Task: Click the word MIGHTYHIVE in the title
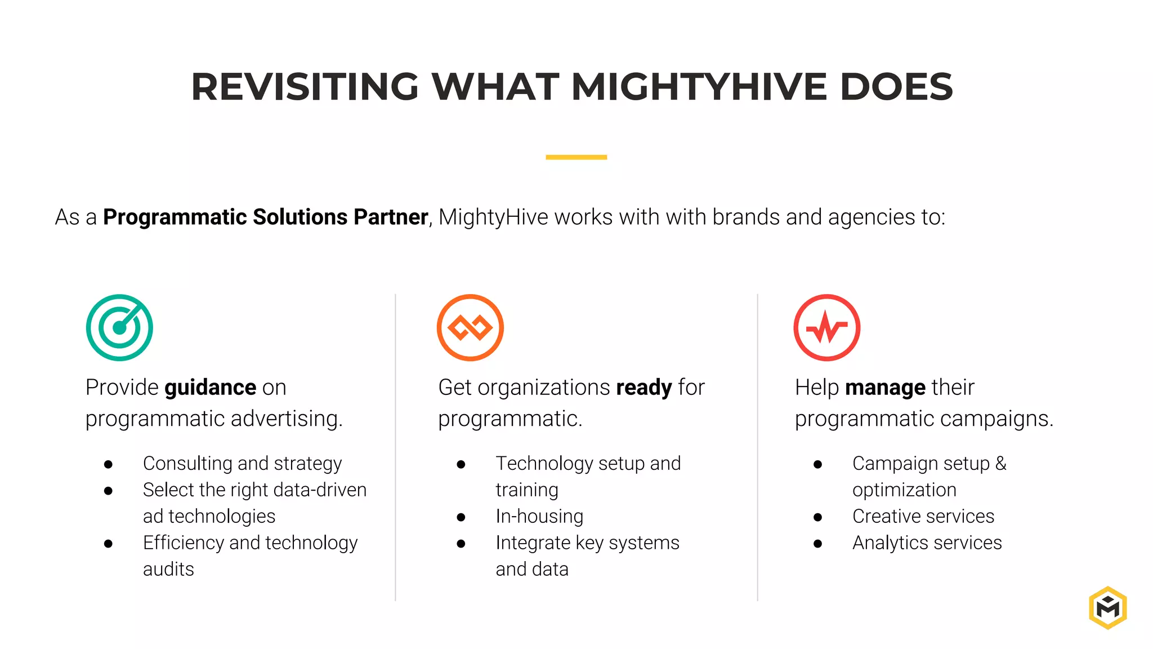pos(699,87)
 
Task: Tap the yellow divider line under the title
pos(576,157)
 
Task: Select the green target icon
pos(119,327)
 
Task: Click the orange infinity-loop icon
pos(470,327)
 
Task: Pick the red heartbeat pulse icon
pos(826,327)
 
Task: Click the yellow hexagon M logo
pos(1107,607)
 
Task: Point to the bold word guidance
pos(211,388)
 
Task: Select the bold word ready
pos(644,388)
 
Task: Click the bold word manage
pos(885,388)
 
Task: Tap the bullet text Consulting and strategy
pos(242,463)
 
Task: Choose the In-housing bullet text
pos(539,516)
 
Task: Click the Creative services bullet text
pos(923,516)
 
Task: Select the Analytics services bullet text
pos(927,543)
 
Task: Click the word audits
pos(168,569)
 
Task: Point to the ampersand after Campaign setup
pos(1000,463)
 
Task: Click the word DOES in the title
pos(896,87)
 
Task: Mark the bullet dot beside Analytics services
pos(817,544)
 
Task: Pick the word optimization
pos(904,490)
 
